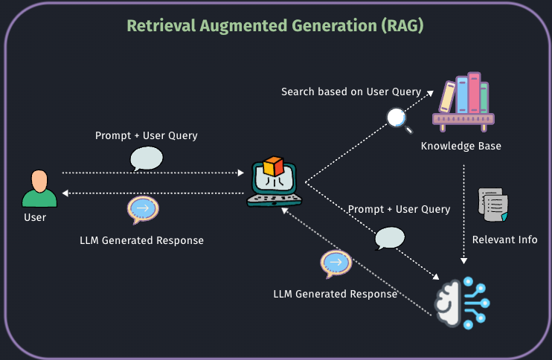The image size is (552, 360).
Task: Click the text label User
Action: tap(35, 218)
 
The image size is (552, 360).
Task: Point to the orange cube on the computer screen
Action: tap(274, 166)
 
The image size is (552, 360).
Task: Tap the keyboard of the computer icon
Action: tap(275, 199)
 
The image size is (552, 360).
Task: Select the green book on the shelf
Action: tap(484, 97)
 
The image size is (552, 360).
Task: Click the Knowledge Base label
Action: tap(461, 146)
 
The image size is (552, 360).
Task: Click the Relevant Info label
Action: tap(504, 240)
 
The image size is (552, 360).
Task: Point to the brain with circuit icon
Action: tap(462, 300)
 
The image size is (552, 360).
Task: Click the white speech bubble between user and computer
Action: tap(146, 158)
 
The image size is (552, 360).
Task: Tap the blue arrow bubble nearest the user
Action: tap(142, 209)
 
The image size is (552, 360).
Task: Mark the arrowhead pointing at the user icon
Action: tap(65, 193)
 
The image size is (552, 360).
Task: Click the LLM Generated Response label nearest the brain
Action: tap(335, 294)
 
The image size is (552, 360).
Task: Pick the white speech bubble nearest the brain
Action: tap(390, 238)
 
